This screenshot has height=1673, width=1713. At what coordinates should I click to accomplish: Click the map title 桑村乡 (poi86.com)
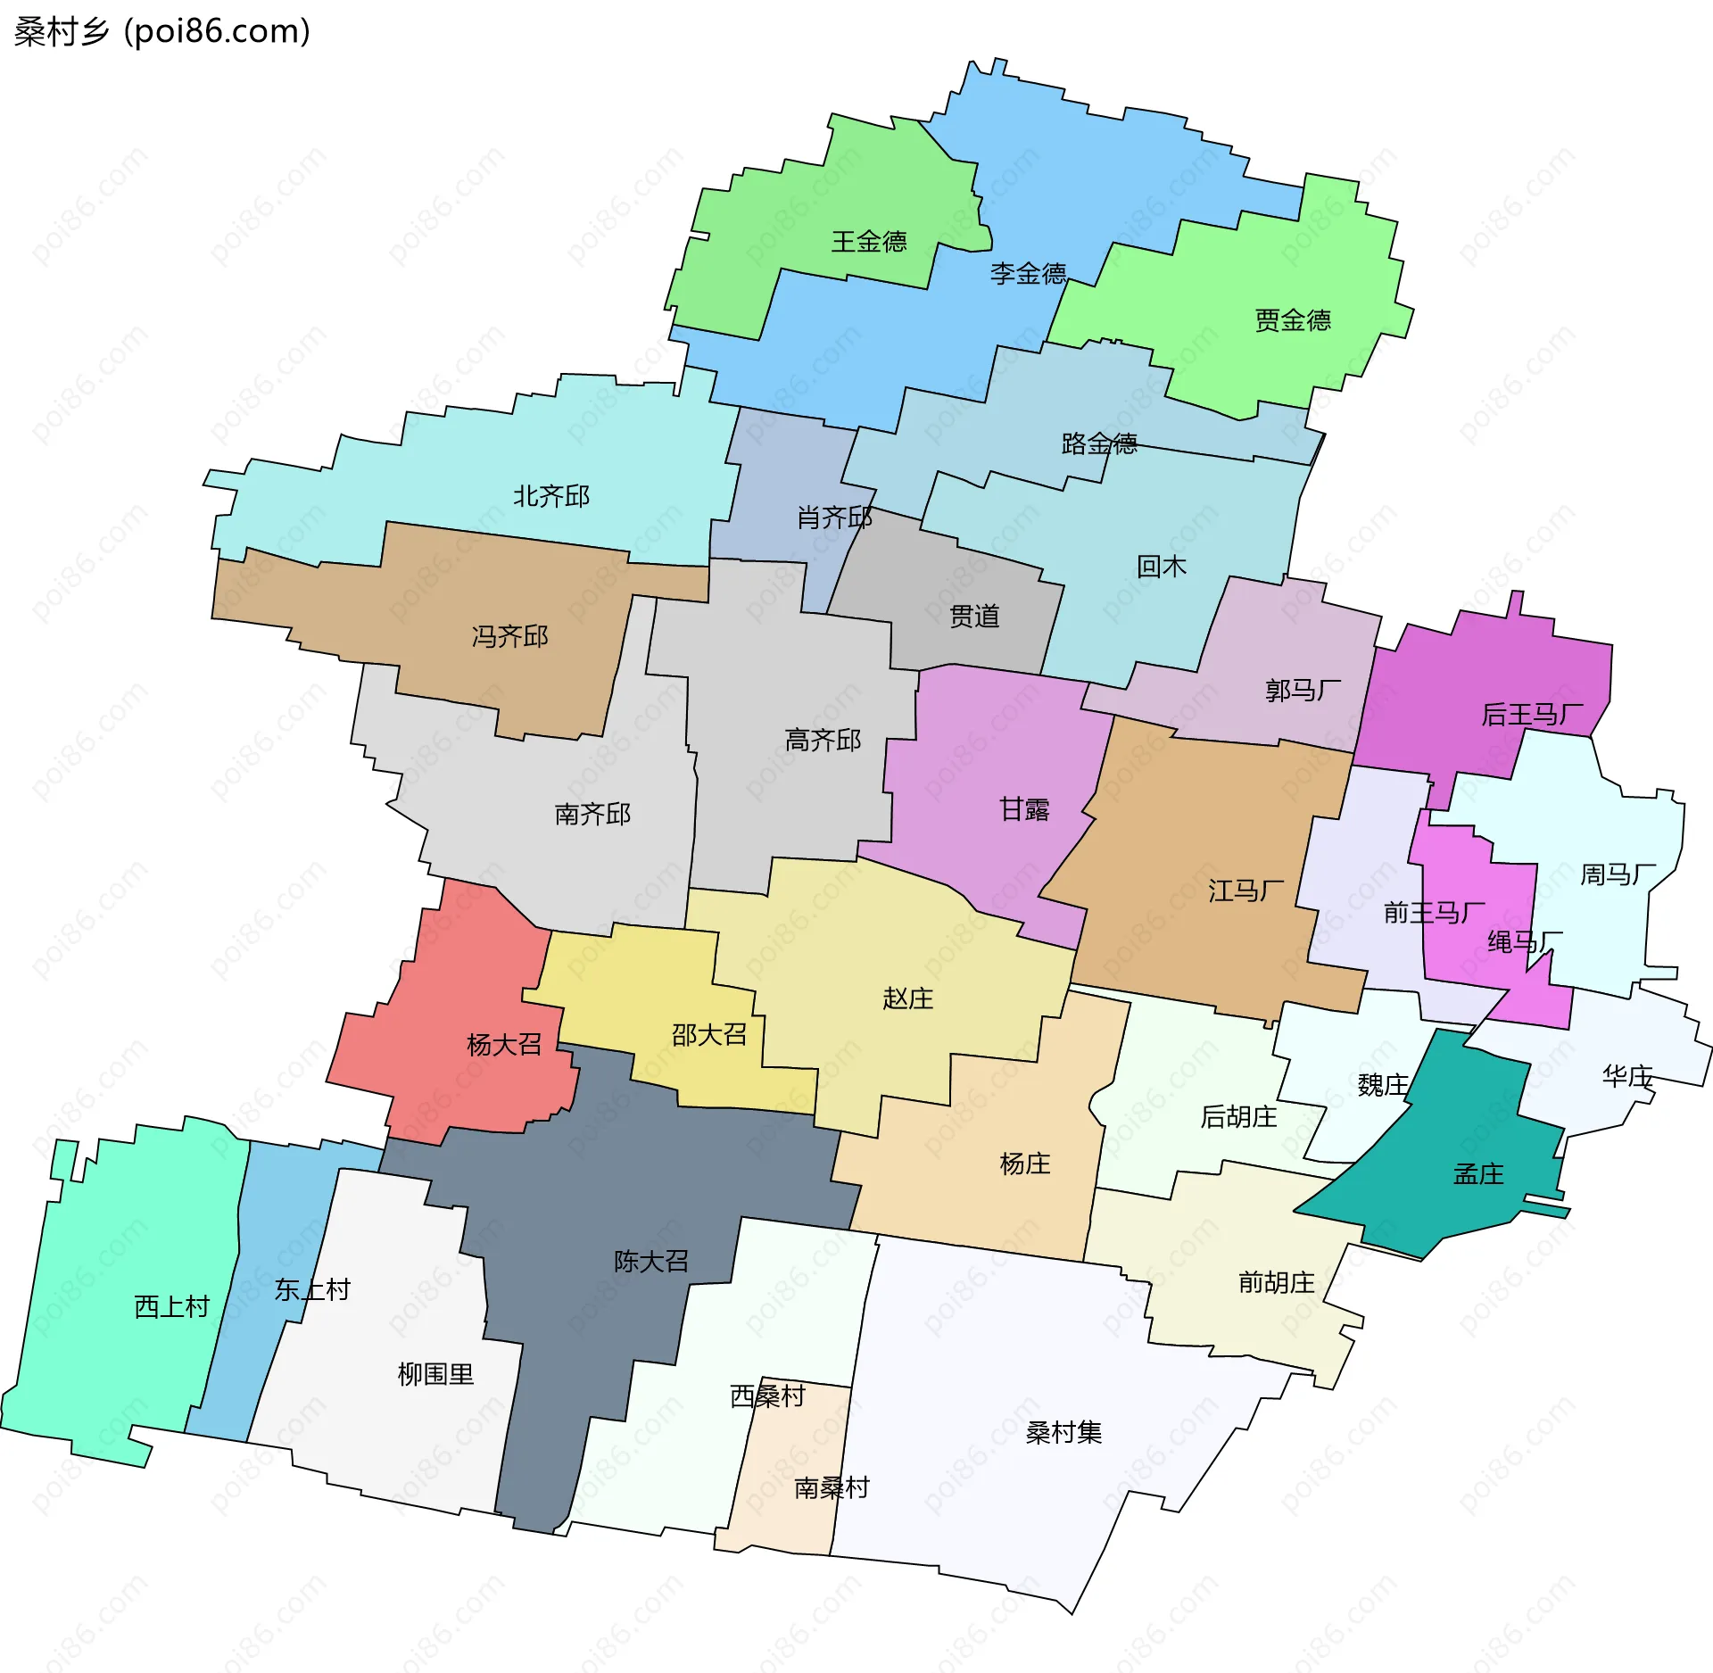[x=162, y=32]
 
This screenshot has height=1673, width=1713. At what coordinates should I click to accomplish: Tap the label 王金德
[x=868, y=242]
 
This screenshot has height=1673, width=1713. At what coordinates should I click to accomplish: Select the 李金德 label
[x=1028, y=273]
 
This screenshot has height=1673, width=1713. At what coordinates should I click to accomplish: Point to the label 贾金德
[x=1292, y=320]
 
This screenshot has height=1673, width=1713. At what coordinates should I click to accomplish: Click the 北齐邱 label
[x=550, y=496]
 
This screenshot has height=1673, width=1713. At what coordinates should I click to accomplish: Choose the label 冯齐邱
[x=509, y=636]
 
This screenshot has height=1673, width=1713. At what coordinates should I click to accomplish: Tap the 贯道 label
[x=973, y=616]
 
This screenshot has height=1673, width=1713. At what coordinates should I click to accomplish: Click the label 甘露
[x=1023, y=809]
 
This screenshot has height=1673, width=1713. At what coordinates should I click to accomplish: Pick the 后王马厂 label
[x=1531, y=715]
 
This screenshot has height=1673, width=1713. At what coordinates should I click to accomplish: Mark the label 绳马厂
[x=1524, y=941]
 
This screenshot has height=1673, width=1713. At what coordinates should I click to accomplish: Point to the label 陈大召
[x=650, y=1261]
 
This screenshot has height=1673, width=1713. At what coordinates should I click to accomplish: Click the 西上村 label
[x=171, y=1306]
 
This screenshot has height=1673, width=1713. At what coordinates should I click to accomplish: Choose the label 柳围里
[x=435, y=1373]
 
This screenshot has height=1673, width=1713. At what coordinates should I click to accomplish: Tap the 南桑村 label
[x=831, y=1487]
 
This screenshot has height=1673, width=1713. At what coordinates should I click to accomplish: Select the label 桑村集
[x=1063, y=1432]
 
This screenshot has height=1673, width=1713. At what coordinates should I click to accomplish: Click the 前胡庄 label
[x=1276, y=1282]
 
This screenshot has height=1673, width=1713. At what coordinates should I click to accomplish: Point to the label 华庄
[x=1626, y=1076]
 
